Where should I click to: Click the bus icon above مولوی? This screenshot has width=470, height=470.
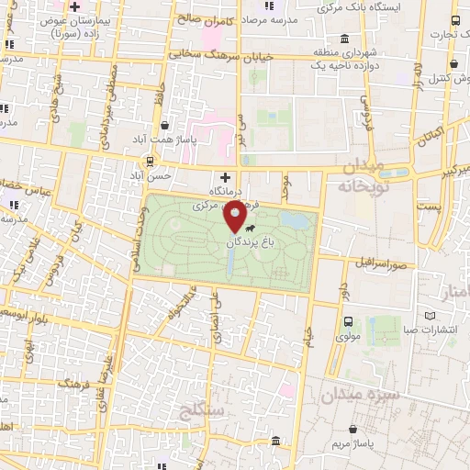pos(348,321)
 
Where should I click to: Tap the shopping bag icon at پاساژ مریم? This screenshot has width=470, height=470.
pos(354,428)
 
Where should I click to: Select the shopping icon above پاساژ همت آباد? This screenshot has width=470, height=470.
pos(164,126)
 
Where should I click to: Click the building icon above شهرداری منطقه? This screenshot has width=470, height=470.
pos(343,39)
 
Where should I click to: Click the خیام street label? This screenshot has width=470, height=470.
pos(310,341)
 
